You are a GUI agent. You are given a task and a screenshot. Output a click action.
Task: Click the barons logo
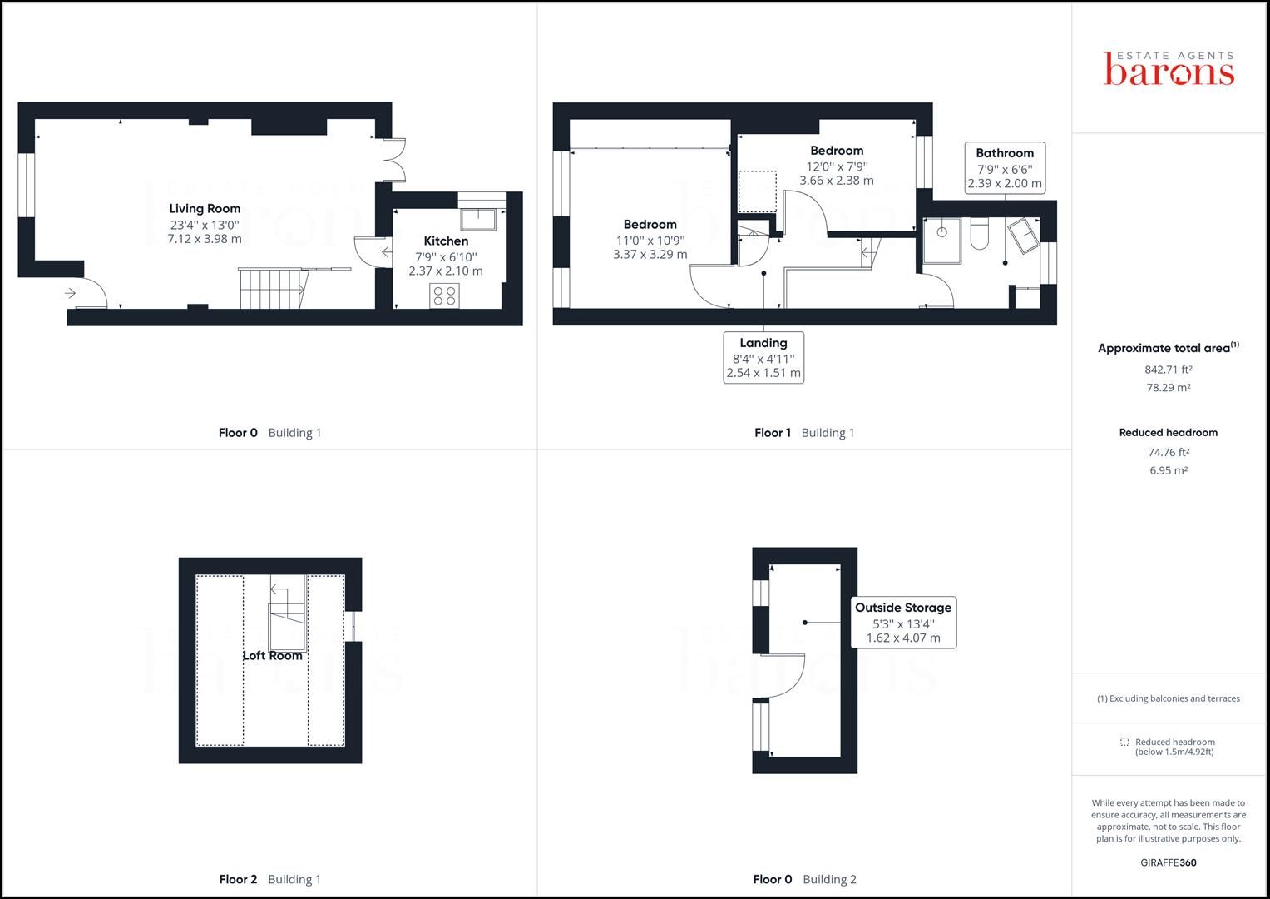(x=1169, y=68)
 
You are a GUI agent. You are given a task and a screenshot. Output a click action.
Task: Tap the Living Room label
(x=205, y=208)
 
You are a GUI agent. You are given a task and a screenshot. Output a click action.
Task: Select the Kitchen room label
(x=446, y=241)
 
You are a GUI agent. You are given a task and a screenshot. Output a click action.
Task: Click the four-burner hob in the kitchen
(x=444, y=296)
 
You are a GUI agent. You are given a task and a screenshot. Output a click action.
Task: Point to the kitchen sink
(x=478, y=219)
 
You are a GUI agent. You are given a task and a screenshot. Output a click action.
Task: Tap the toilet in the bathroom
(x=979, y=234)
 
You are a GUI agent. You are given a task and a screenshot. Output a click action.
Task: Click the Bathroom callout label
(x=1005, y=168)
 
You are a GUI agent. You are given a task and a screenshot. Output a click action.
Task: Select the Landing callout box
(x=763, y=358)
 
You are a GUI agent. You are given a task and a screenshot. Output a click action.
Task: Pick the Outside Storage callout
(x=903, y=622)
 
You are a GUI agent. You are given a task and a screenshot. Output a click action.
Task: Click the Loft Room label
(x=272, y=656)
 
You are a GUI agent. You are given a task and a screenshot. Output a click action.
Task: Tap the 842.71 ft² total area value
(x=1168, y=370)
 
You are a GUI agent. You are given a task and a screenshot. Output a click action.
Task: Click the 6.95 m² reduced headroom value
(x=1168, y=470)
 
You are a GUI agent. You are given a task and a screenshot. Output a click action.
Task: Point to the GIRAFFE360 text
(x=1168, y=862)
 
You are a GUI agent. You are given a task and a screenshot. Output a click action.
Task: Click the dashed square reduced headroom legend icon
(x=1124, y=742)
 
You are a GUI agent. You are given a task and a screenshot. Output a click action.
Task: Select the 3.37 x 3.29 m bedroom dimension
(x=650, y=254)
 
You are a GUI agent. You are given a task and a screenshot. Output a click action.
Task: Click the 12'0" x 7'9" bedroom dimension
(x=837, y=166)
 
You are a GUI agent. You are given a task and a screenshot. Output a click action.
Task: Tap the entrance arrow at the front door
(x=71, y=293)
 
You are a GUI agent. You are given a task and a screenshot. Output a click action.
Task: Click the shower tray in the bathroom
(x=941, y=241)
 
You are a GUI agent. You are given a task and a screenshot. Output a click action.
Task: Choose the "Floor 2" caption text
(x=238, y=879)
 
